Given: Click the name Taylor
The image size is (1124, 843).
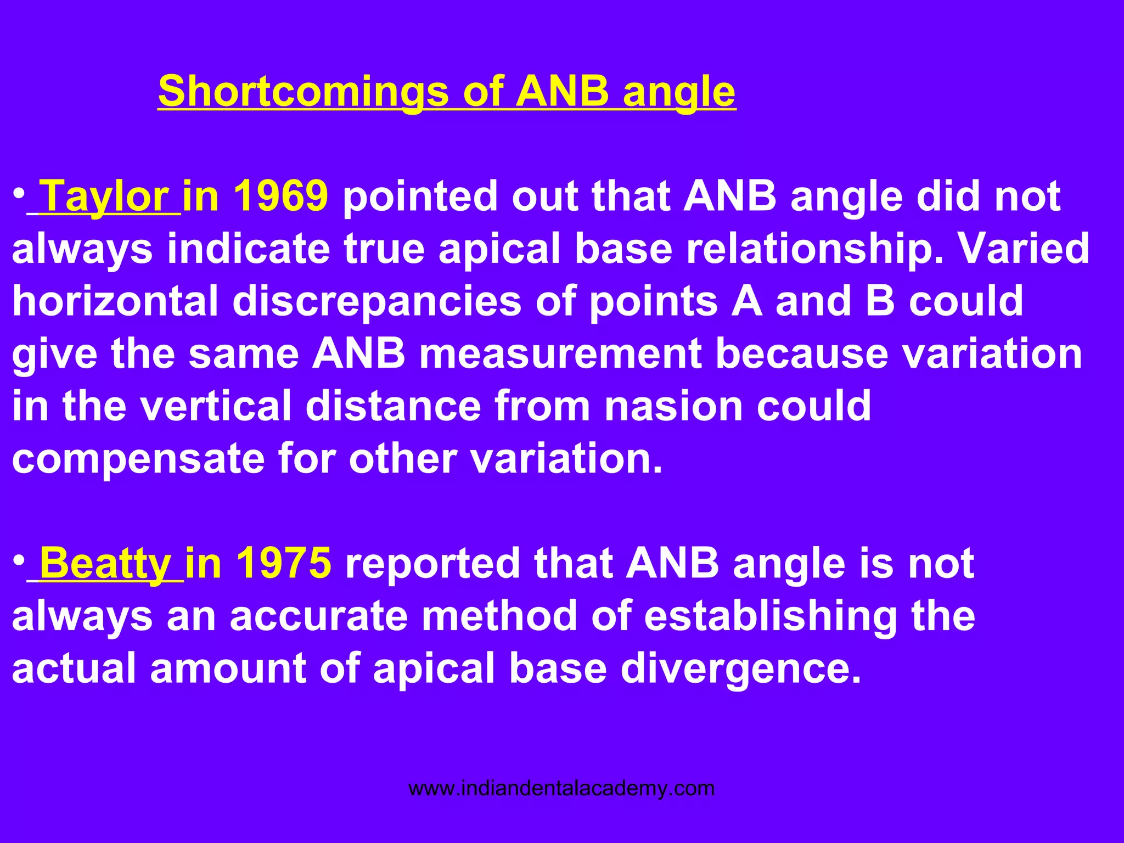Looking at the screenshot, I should tap(105, 196).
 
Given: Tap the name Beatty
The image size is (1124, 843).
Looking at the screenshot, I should tap(105, 563).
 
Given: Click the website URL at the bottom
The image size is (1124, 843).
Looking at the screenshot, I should tap(561, 789).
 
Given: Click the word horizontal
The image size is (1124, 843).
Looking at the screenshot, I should tap(115, 301).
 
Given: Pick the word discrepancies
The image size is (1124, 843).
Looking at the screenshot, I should tap(376, 301).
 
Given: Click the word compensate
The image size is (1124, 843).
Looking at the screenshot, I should tap(138, 459).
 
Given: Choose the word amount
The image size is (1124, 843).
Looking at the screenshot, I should tap(228, 668).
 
